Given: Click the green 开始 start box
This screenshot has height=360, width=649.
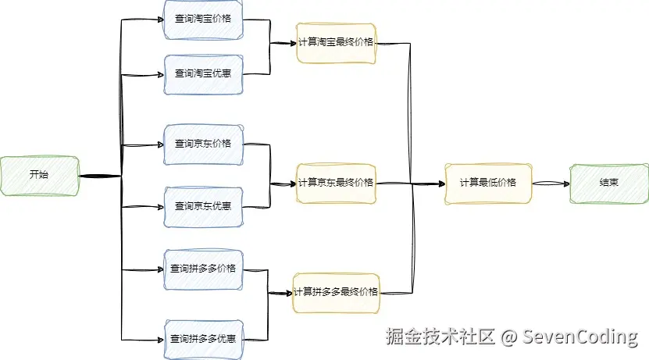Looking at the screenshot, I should click(39, 175).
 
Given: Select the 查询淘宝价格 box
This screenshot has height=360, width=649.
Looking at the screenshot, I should click(203, 19).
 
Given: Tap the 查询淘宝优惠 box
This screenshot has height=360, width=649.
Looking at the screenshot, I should click(203, 73).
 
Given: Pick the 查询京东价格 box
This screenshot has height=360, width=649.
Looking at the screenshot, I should click(203, 144).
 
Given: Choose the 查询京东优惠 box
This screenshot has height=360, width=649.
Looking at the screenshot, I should click(203, 206).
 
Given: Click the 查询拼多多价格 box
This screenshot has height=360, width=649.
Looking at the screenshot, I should click(203, 269).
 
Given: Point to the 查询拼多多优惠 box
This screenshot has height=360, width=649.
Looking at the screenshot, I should click(203, 339).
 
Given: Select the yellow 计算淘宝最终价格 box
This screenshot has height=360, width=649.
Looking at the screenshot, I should click(336, 42).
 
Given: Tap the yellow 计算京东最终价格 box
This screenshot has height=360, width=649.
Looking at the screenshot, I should click(336, 183).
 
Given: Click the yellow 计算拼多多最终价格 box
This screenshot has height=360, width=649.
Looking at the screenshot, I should click(336, 292).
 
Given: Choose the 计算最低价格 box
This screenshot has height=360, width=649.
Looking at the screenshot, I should click(488, 183).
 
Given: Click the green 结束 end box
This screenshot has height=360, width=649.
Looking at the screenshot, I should click(609, 183).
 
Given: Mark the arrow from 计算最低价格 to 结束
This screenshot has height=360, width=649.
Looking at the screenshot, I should click(551, 183).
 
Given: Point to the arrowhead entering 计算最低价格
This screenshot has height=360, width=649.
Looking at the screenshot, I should click(440, 184).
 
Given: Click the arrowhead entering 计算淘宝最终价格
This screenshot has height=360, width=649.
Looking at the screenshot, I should click(292, 43).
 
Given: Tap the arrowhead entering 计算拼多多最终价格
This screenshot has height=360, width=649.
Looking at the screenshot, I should click(288, 293).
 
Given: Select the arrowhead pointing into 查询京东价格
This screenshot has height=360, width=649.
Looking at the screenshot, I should click(160, 144).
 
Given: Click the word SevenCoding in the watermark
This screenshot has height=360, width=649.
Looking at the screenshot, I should click(580, 337).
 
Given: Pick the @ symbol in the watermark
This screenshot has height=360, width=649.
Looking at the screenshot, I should click(508, 337).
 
